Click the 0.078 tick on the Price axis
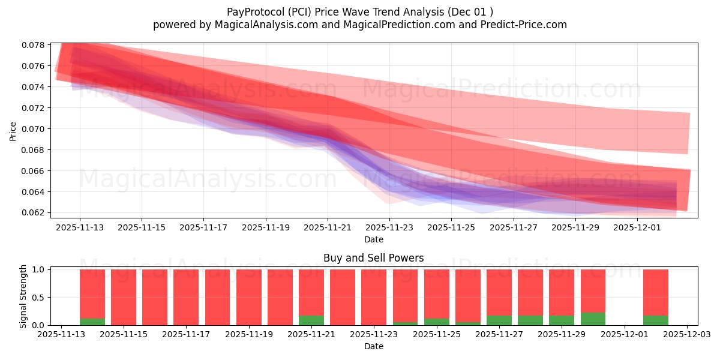(x=34, y=45)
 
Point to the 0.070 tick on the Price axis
(x=34, y=129)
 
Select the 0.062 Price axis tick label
(x=34, y=212)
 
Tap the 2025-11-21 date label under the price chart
(x=328, y=228)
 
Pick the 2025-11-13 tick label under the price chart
(x=80, y=228)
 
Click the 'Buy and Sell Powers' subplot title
(x=373, y=259)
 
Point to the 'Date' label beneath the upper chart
(x=373, y=239)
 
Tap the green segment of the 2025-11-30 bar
(x=593, y=319)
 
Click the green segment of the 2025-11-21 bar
(x=311, y=320)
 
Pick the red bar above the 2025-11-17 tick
(x=186, y=297)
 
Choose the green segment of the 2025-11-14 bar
(x=92, y=322)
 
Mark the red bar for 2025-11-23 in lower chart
(x=374, y=297)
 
